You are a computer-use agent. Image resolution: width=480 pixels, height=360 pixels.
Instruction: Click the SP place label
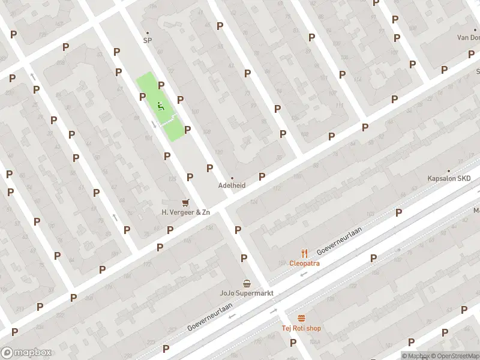tap(147, 41)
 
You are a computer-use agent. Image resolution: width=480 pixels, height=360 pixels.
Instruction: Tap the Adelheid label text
tap(232, 185)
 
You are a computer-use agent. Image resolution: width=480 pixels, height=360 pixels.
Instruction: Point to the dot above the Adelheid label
tap(232, 178)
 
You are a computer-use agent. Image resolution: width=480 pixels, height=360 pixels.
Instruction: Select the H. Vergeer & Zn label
tap(186, 212)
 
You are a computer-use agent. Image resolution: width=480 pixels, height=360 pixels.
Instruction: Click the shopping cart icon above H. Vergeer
tap(185, 203)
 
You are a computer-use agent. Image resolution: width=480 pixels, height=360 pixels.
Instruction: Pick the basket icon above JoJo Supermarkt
tap(247, 283)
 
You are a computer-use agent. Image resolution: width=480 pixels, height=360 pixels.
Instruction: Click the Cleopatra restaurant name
tap(304, 263)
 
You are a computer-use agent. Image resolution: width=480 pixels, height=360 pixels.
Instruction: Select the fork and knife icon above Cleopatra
tap(304, 253)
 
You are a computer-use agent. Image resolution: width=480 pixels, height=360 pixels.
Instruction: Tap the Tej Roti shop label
tap(301, 328)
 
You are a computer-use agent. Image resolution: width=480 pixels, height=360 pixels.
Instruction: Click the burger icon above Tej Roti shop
tap(301, 318)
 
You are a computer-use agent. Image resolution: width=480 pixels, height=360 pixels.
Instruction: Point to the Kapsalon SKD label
tap(449, 179)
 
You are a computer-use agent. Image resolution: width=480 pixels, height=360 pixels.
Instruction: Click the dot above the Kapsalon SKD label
tap(449, 170)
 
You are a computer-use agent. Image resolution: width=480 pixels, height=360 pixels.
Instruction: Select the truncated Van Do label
tap(468, 37)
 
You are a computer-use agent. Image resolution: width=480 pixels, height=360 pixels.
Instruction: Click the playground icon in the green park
tap(160, 107)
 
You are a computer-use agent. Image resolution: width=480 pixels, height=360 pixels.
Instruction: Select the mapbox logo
tap(26, 353)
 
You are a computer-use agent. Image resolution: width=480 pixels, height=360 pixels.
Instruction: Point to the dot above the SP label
tap(148, 33)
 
